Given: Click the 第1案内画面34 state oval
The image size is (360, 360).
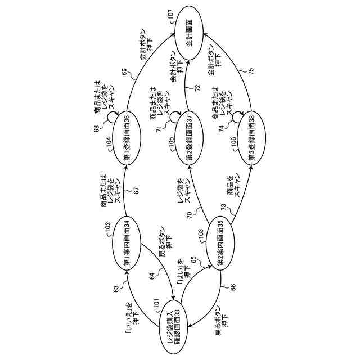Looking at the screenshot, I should click(127, 242).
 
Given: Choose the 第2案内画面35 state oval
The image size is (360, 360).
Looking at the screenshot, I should click(220, 243).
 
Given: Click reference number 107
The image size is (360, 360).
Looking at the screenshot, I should click(170, 20).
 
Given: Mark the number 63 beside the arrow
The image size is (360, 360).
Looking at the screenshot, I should click(116, 289).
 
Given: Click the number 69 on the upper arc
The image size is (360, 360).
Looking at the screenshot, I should click(124, 71).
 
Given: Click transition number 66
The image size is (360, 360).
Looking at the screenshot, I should click(234, 287).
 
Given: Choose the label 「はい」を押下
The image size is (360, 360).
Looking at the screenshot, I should click(184, 274).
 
